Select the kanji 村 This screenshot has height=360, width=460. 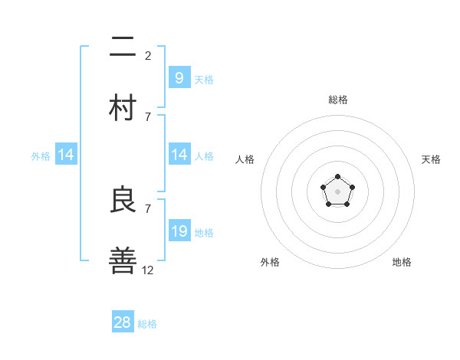tap(123, 107)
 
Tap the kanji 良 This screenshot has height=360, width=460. tap(123, 200)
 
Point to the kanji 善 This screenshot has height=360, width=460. tap(123, 260)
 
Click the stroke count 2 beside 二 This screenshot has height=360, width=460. tap(148, 55)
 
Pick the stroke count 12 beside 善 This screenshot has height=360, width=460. tap(148, 270)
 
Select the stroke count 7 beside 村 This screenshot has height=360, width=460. tap(148, 116)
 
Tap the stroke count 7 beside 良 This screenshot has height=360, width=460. tap(148, 208)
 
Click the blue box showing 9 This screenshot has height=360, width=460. tap(179, 77)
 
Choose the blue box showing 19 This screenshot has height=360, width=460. tap(179, 231)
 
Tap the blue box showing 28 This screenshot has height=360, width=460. tap(123, 322)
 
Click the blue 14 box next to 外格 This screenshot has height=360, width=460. tap(66, 155)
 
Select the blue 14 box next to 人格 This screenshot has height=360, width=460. tap(179, 155)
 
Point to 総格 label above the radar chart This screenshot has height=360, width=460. tap(338, 100)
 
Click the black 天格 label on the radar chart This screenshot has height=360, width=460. tap(431, 159)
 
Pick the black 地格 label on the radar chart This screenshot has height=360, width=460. tap(402, 262)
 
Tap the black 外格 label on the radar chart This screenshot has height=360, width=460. tap(270, 262)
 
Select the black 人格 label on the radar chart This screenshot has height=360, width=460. tap(245, 159)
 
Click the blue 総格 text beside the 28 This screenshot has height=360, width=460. tap(147, 324)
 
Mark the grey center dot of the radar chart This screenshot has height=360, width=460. tap(337, 191)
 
